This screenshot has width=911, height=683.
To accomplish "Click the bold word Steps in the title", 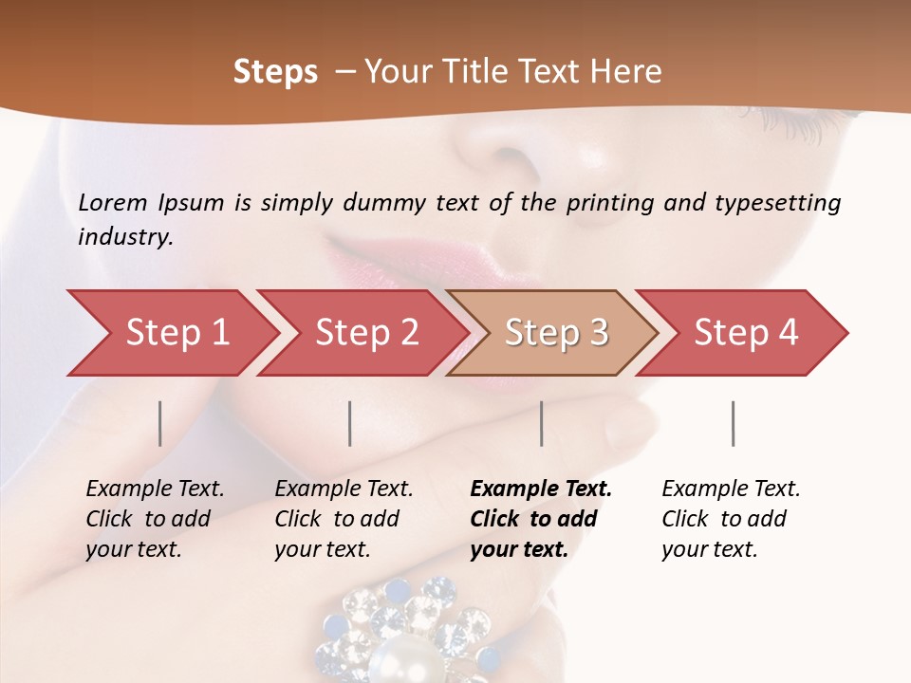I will tap(275, 72).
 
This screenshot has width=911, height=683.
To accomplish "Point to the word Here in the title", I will tap(625, 72).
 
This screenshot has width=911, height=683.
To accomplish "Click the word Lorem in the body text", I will tap(113, 203).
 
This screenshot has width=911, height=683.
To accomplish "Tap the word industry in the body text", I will tap(124, 237).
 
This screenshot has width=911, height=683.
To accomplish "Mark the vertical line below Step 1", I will tap(160, 423).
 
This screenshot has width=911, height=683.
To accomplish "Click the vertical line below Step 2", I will tap(350, 423).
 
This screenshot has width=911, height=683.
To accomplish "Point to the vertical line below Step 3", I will tap(541, 423).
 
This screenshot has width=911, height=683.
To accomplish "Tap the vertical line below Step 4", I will tap(733, 423).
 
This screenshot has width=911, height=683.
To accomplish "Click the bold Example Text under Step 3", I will tap(541, 489).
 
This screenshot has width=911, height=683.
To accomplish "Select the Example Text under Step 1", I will tap(155, 489).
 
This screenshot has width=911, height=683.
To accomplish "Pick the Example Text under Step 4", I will tap(731, 489).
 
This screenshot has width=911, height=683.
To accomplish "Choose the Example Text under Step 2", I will tap(344, 489).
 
